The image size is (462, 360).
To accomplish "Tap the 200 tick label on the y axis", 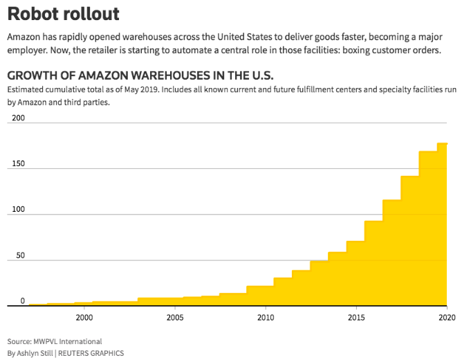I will coord(19,118).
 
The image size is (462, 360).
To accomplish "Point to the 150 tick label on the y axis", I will coord(19,163).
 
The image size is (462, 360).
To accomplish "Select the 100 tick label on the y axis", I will coord(19,210).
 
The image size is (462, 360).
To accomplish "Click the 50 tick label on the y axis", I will coord(21,255).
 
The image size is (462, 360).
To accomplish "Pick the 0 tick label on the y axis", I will coord(23,300).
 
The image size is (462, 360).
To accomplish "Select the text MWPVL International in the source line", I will coord(70,341).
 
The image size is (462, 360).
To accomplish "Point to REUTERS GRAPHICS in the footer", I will coord(95,353).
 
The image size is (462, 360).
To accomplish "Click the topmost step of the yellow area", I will coord(442,144).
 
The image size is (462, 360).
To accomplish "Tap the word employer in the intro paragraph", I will coord(28,52).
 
